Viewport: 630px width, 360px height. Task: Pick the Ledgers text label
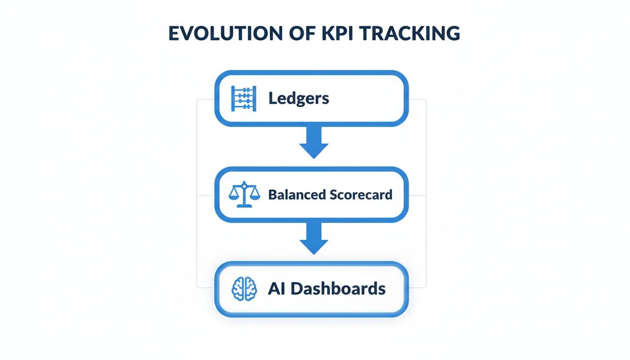[299, 98]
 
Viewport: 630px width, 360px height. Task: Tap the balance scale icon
[244, 195]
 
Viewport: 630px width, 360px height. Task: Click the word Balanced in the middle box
[297, 195]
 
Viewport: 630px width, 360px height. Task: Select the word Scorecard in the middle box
[361, 195]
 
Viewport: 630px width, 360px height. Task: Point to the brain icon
[244, 289]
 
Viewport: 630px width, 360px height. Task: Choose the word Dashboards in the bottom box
[338, 289]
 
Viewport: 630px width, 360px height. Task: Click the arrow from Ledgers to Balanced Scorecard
[314, 142]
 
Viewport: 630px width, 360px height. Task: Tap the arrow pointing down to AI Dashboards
[314, 238]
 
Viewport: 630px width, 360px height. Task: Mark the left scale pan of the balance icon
[234, 197]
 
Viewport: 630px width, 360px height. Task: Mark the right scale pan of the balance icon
[254, 197]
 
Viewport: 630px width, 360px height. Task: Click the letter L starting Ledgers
[272, 98]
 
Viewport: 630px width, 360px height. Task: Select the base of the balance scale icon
[244, 206]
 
